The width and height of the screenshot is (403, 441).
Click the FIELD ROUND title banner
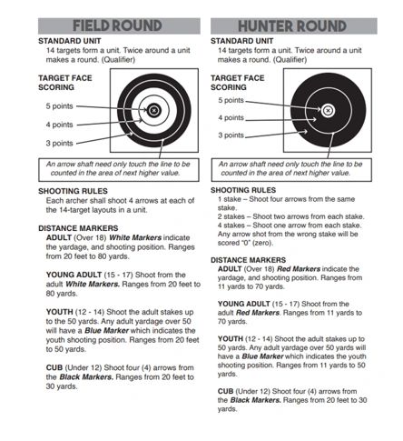pos(119,25)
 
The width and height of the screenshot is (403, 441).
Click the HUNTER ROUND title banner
pos(294,25)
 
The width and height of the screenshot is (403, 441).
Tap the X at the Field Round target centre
pos(153,110)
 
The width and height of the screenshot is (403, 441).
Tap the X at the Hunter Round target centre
pos(328,111)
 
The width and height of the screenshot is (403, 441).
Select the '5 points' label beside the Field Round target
pos(60,106)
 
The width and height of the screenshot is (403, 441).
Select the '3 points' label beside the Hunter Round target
pos(231,135)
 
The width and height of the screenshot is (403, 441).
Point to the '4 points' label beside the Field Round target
pos(60,125)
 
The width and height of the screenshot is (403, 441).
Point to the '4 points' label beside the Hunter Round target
pos(231,117)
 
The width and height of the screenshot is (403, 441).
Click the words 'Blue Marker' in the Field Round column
pos(106,330)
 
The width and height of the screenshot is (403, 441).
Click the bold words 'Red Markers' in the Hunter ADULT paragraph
pos(299,269)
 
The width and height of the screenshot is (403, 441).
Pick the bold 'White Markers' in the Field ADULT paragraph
pos(135,237)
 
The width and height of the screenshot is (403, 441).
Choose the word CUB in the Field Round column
pos(54,367)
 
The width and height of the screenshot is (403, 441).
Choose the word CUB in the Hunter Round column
pos(225,391)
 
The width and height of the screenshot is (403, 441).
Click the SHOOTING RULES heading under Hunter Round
pos(243,190)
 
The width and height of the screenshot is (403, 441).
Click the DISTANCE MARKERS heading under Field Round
pos(78,228)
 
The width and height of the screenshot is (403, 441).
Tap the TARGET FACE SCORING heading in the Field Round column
pos(65,83)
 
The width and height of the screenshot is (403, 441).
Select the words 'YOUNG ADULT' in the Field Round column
pos(74,275)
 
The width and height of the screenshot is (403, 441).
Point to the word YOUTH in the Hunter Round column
pos(231,338)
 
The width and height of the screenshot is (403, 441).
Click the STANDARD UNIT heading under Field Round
pos(70,41)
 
